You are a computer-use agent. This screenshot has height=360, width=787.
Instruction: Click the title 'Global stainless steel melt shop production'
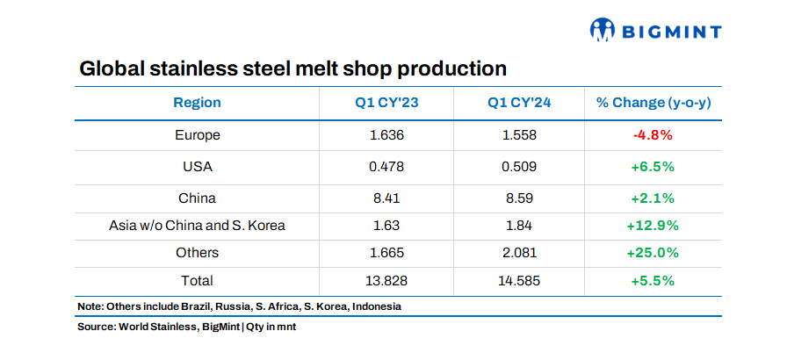coord(293,68)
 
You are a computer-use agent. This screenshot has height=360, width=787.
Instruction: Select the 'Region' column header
coord(197,103)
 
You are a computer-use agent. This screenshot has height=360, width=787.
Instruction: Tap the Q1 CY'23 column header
coord(386,103)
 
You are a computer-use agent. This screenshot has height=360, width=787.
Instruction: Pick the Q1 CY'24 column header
coord(519,103)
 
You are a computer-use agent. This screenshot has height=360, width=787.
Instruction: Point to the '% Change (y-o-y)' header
coord(653,103)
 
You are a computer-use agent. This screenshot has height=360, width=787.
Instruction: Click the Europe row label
coord(197,135)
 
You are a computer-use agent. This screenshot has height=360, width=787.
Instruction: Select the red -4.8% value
coord(653,135)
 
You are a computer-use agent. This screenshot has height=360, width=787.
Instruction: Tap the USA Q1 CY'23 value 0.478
coord(386,166)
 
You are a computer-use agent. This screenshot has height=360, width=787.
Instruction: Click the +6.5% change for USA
coord(653,166)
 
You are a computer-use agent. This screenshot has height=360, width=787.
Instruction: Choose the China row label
coord(197,198)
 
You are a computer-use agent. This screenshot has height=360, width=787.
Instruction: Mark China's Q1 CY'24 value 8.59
coord(519,198)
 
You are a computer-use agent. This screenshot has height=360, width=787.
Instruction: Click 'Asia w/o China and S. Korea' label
coord(197,226)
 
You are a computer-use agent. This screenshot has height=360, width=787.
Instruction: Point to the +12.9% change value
coord(653,226)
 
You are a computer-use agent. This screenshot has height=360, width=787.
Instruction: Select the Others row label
coord(197,253)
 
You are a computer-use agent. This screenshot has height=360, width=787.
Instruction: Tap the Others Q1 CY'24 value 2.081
coord(519,253)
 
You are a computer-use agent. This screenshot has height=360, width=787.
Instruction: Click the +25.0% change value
coord(653,253)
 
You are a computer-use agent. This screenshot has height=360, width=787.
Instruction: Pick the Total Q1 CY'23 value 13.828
coord(386,281)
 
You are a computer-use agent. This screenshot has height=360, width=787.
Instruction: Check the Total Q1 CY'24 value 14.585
coord(519,281)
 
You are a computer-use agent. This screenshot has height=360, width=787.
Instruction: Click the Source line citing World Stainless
coord(192,328)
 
